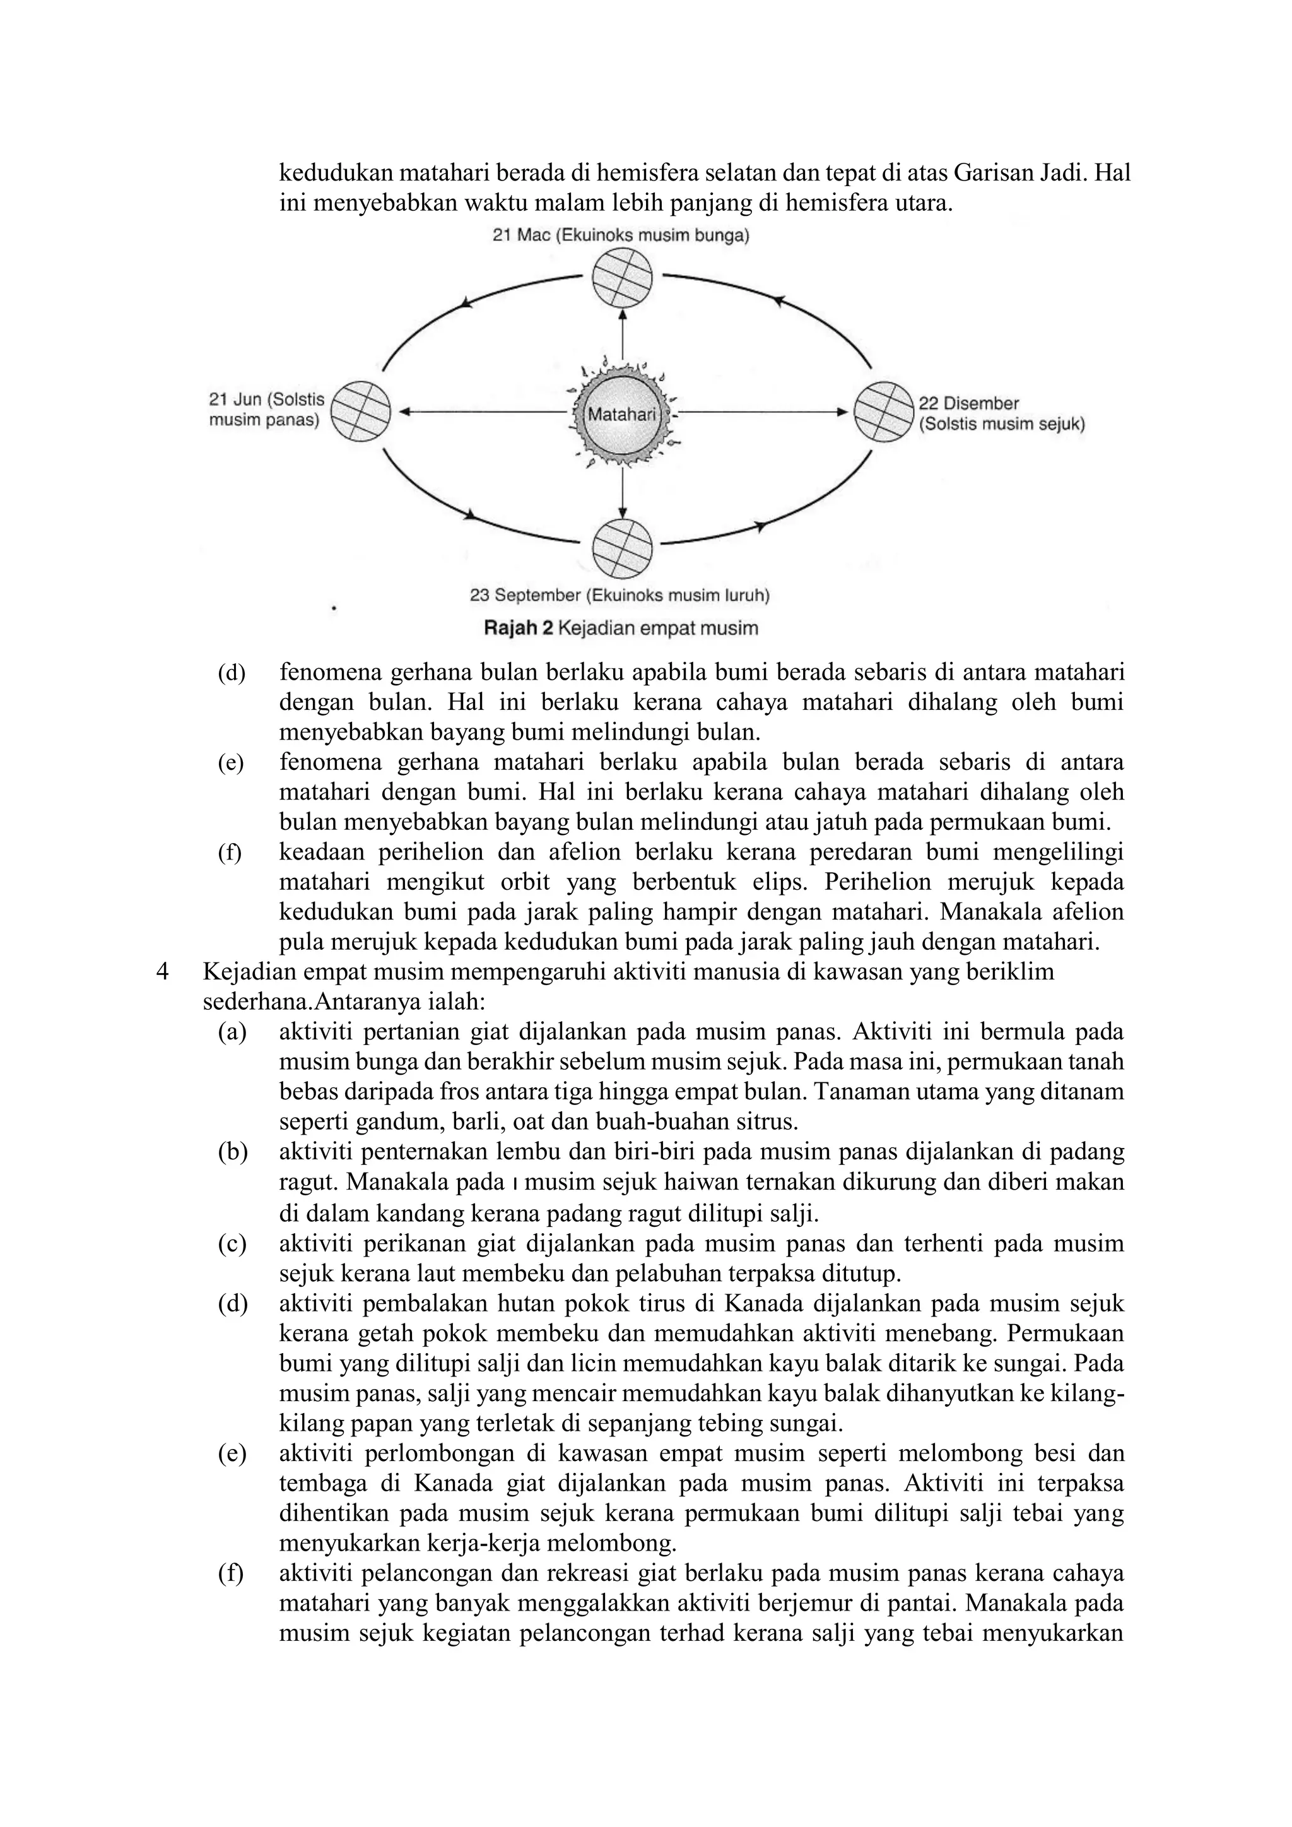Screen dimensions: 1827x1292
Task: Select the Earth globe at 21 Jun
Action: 360,411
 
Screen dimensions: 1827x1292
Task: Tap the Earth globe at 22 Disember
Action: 883,411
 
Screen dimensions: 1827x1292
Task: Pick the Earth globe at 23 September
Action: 622,548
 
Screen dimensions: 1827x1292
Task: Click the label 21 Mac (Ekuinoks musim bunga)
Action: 621,235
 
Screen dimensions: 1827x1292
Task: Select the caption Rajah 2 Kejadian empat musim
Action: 621,628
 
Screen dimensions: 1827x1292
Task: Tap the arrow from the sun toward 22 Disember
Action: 764,412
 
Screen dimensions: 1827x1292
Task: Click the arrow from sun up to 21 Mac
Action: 622,334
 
